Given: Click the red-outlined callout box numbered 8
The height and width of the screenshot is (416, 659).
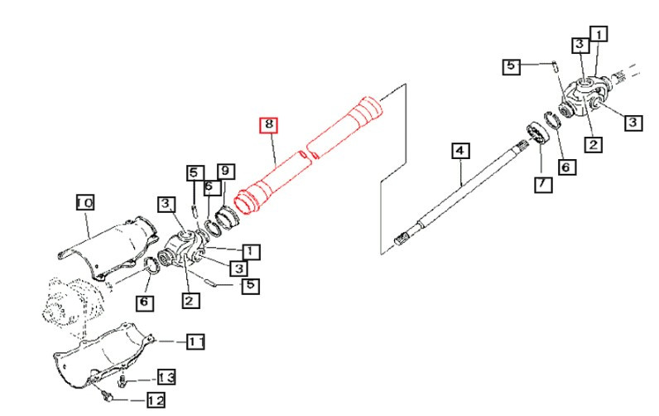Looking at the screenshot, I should [x=268, y=126].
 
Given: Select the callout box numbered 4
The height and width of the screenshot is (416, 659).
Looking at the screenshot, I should [x=460, y=151].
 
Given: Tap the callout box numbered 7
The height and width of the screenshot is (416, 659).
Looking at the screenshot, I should [x=542, y=184].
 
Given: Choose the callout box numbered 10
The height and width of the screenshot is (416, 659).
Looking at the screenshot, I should [x=85, y=202].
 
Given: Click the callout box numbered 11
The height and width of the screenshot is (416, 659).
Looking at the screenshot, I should [x=195, y=341].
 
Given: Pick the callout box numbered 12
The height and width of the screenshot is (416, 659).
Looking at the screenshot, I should [x=155, y=400].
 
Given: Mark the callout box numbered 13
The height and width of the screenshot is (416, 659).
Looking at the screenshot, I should [x=166, y=378].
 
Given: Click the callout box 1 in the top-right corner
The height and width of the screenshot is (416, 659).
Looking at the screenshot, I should [x=598, y=34].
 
